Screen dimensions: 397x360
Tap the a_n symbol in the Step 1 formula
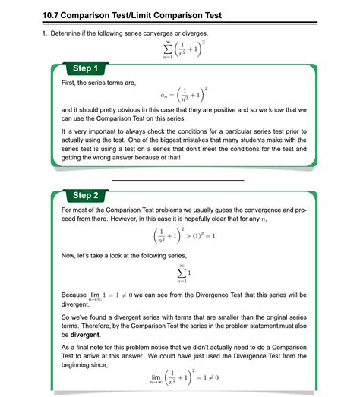pyautogui.click(x=165, y=96)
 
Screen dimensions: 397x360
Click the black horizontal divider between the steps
pyautogui.click(x=178, y=181)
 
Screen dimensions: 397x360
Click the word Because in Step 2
pyautogui.click(x=74, y=294)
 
